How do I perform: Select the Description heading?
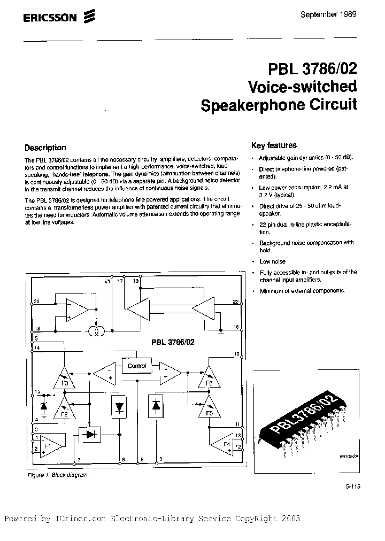coord(45,148)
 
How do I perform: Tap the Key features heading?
coord(274,145)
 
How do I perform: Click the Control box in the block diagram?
coord(136,366)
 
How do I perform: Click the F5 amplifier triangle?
coord(209,408)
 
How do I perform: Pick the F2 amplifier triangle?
coord(64,408)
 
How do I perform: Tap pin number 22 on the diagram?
coord(235,302)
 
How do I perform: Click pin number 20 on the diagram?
coord(36,302)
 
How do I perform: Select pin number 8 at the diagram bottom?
coord(142,460)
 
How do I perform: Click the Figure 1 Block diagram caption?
coord(57,475)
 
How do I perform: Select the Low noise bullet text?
coord(272,261)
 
